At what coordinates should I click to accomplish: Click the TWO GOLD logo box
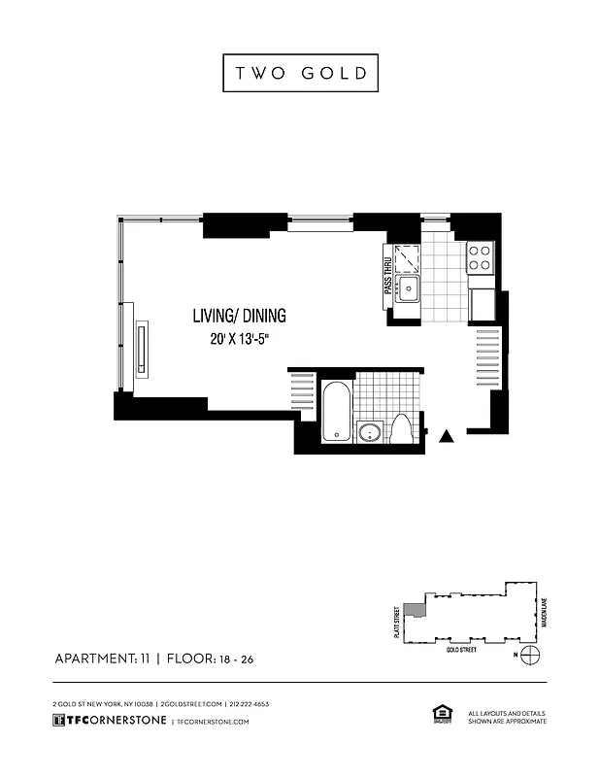tap(299, 74)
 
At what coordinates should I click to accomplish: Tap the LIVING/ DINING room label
tap(239, 316)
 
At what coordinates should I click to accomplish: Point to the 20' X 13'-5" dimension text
tap(239, 340)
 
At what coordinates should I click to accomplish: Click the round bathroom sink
tap(369, 433)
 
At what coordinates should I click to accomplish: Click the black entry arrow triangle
tap(447, 437)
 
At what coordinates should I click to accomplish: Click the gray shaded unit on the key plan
tap(413, 611)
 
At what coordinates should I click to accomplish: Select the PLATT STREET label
tap(396, 622)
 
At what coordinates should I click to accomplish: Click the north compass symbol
tap(529, 655)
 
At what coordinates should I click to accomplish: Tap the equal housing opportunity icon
tap(439, 715)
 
